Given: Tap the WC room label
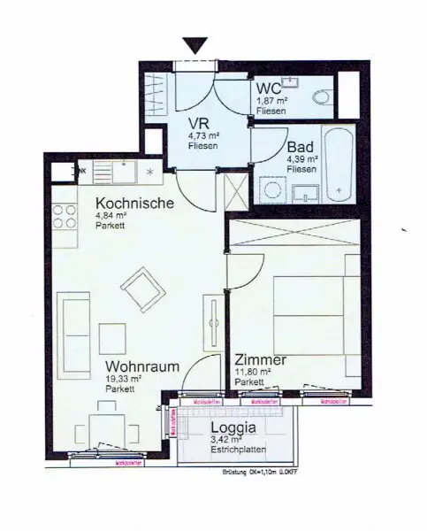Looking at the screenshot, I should [x=269, y=88].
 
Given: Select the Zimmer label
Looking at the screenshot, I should [x=260, y=360].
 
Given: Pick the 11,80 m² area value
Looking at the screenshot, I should [x=253, y=373].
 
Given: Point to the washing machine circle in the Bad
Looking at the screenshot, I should [x=271, y=189].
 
